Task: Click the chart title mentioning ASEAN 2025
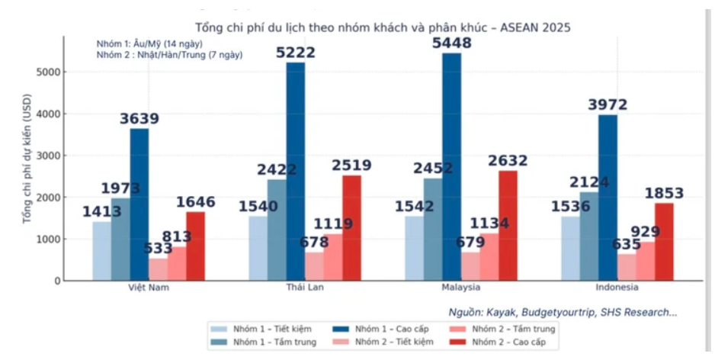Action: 383,27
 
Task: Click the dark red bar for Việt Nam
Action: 196,246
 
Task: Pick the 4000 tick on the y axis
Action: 50,114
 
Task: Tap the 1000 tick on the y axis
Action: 50,239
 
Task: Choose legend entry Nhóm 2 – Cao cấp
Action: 512,343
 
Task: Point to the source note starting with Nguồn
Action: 562,312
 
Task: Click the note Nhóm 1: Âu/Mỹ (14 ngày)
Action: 148,43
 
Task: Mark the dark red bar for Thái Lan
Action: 351,228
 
